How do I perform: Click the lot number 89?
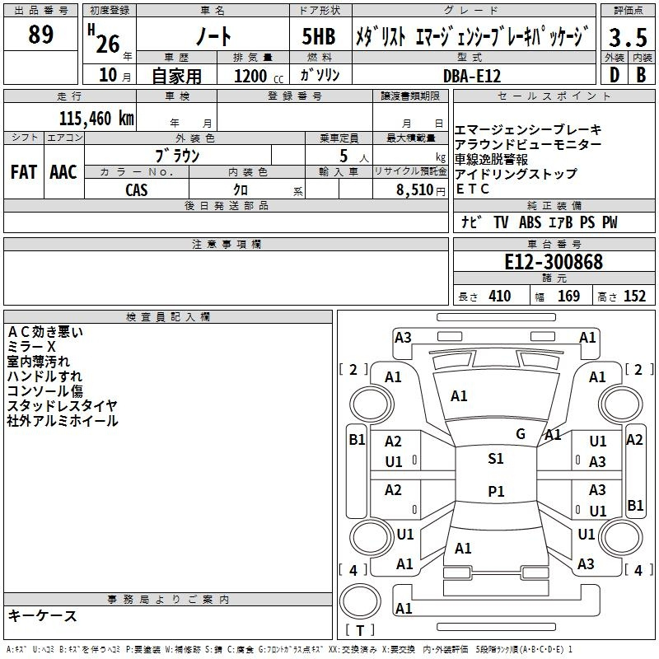coord(40,34)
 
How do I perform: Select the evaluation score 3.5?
coord(628,37)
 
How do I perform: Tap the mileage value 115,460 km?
coord(96,119)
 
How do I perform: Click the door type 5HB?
coord(319,36)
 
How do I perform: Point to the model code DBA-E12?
coord(472,76)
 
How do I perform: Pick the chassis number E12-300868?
coord(554,262)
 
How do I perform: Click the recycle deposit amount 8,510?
coord(415,190)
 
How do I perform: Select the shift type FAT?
coord(24,172)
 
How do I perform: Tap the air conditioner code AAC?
coord(63,172)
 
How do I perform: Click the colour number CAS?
coord(137,190)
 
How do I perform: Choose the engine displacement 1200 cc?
coord(259,76)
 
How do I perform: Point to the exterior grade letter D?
coord(615,75)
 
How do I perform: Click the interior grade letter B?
coord(641,75)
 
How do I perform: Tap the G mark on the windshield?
coord(521,434)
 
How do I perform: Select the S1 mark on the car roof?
coord(496,459)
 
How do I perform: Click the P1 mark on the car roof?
coord(496,491)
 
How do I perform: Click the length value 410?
coord(500,296)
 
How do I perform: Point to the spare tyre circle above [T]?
coord(360,601)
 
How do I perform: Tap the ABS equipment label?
coord(530,222)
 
